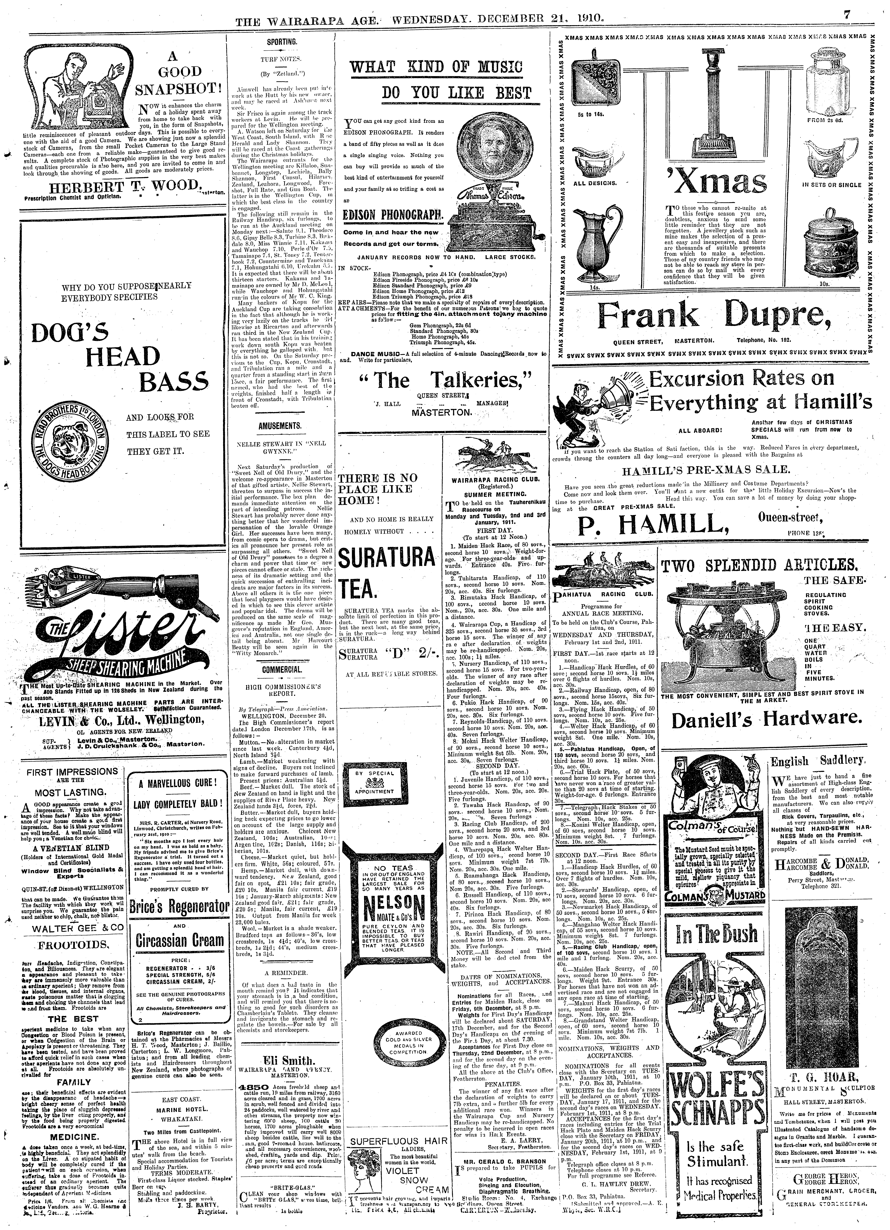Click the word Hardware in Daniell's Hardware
[x=813, y=720]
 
